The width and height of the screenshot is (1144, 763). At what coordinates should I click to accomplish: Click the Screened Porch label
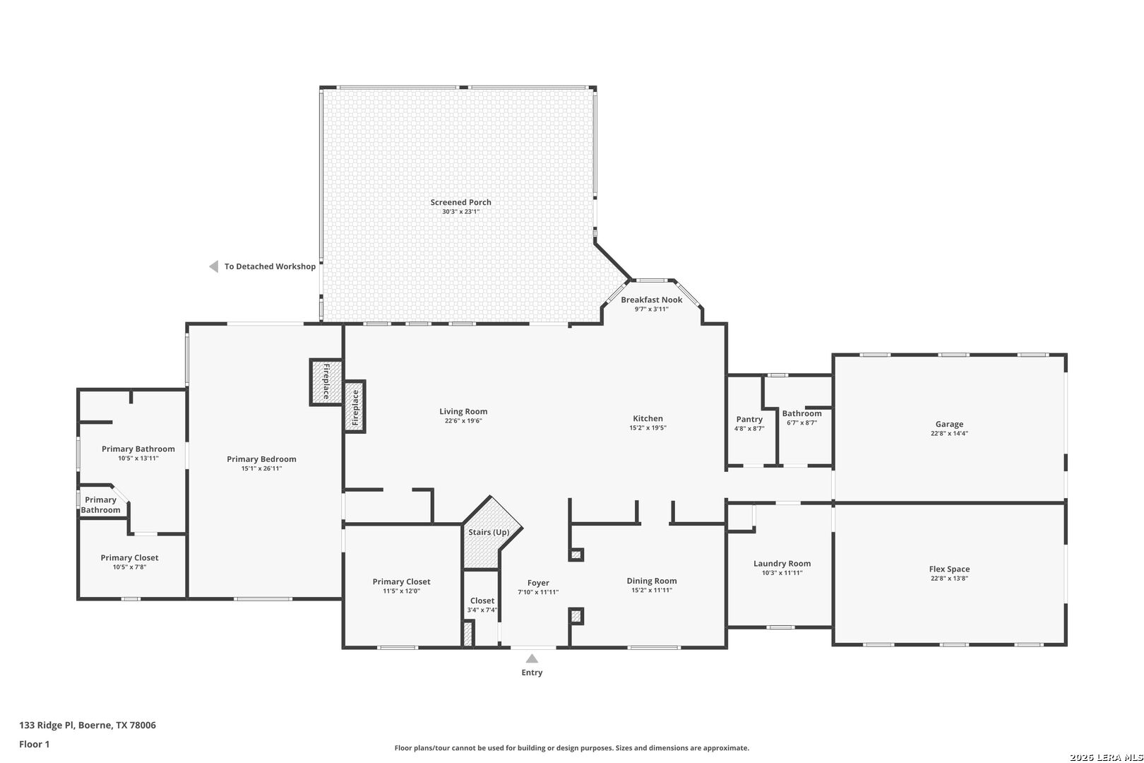pyautogui.click(x=460, y=202)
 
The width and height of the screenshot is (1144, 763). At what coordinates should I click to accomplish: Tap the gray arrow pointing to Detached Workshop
pyautogui.click(x=213, y=266)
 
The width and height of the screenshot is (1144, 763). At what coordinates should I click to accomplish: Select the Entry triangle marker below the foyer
pyautogui.click(x=532, y=658)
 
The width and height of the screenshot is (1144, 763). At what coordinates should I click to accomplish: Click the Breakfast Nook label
pyautogui.click(x=651, y=300)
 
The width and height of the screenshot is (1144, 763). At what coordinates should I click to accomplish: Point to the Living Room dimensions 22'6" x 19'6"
pyautogui.click(x=463, y=421)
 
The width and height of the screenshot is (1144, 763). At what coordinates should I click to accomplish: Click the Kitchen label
pyautogui.click(x=648, y=418)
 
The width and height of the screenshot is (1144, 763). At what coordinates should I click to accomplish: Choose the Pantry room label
pyautogui.click(x=749, y=419)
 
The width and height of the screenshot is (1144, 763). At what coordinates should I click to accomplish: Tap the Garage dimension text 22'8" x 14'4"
pyautogui.click(x=949, y=434)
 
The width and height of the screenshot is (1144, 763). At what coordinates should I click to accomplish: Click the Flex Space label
pyautogui.click(x=949, y=569)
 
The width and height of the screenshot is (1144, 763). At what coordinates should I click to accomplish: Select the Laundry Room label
pyautogui.click(x=782, y=563)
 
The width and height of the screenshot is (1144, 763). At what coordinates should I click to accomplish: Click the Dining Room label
pyautogui.click(x=651, y=581)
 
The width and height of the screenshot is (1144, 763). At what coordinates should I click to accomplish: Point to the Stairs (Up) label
pyautogui.click(x=489, y=532)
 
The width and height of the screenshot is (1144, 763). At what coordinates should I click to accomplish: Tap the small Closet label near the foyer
pyautogui.click(x=482, y=601)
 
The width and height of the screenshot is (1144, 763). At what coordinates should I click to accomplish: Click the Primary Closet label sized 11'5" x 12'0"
pyautogui.click(x=401, y=581)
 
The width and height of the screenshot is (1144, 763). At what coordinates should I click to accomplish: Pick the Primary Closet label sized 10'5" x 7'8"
pyautogui.click(x=129, y=557)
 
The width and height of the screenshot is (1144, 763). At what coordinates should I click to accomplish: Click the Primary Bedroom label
pyautogui.click(x=261, y=459)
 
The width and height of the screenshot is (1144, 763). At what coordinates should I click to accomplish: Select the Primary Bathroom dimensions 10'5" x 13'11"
pyautogui.click(x=138, y=459)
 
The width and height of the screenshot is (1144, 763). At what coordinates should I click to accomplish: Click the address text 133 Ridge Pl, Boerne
pyautogui.click(x=88, y=725)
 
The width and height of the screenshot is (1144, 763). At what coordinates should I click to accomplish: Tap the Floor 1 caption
pyautogui.click(x=35, y=744)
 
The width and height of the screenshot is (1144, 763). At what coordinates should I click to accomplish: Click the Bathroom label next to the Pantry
pyautogui.click(x=802, y=413)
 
